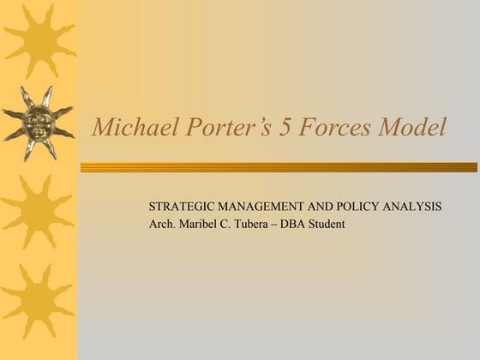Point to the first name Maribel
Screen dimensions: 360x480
point(201,225)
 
